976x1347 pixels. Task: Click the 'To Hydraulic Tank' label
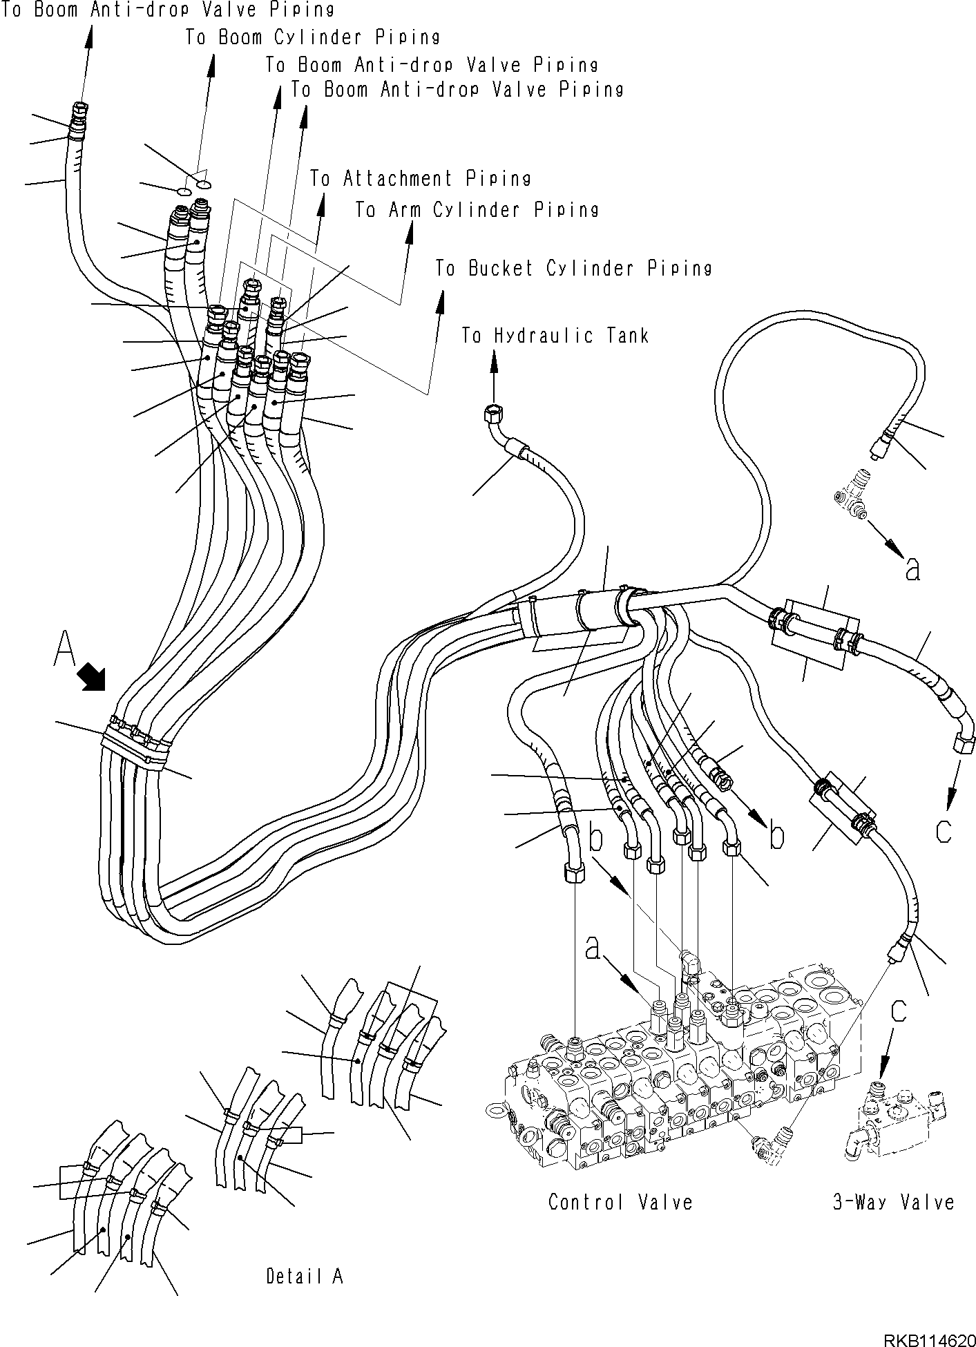click(555, 336)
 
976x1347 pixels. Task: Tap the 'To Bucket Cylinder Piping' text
click(573, 268)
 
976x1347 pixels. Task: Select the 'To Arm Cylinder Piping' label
click(477, 209)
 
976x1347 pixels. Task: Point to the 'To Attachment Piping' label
click(420, 179)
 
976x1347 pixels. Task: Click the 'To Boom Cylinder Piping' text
click(312, 37)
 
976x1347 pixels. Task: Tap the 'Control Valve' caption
click(620, 1203)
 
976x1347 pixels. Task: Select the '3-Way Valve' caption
click(893, 1203)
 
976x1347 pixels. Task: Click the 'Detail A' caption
click(305, 1276)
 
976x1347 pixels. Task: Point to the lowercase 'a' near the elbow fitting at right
click(913, 569)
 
